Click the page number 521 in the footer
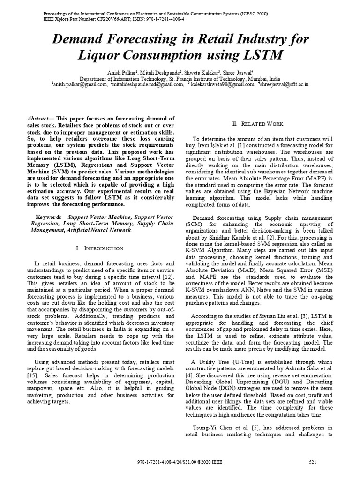[x=313, y=462]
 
